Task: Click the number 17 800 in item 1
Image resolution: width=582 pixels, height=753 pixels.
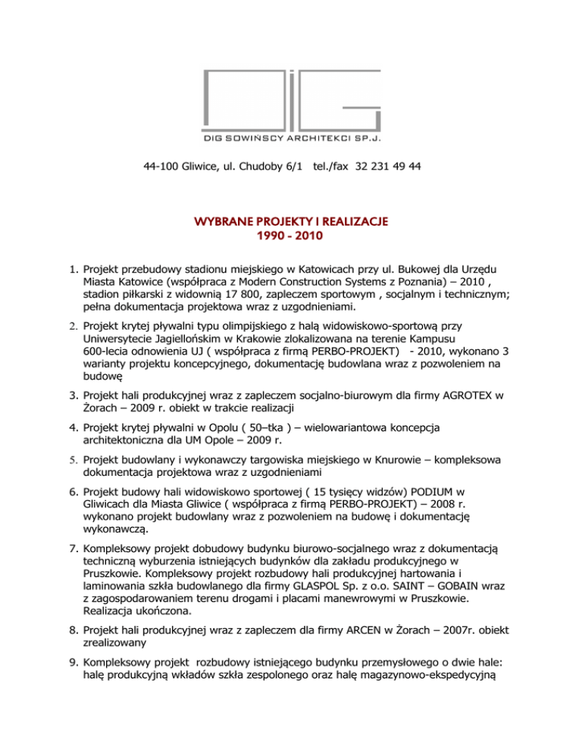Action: tap(230, 296)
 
